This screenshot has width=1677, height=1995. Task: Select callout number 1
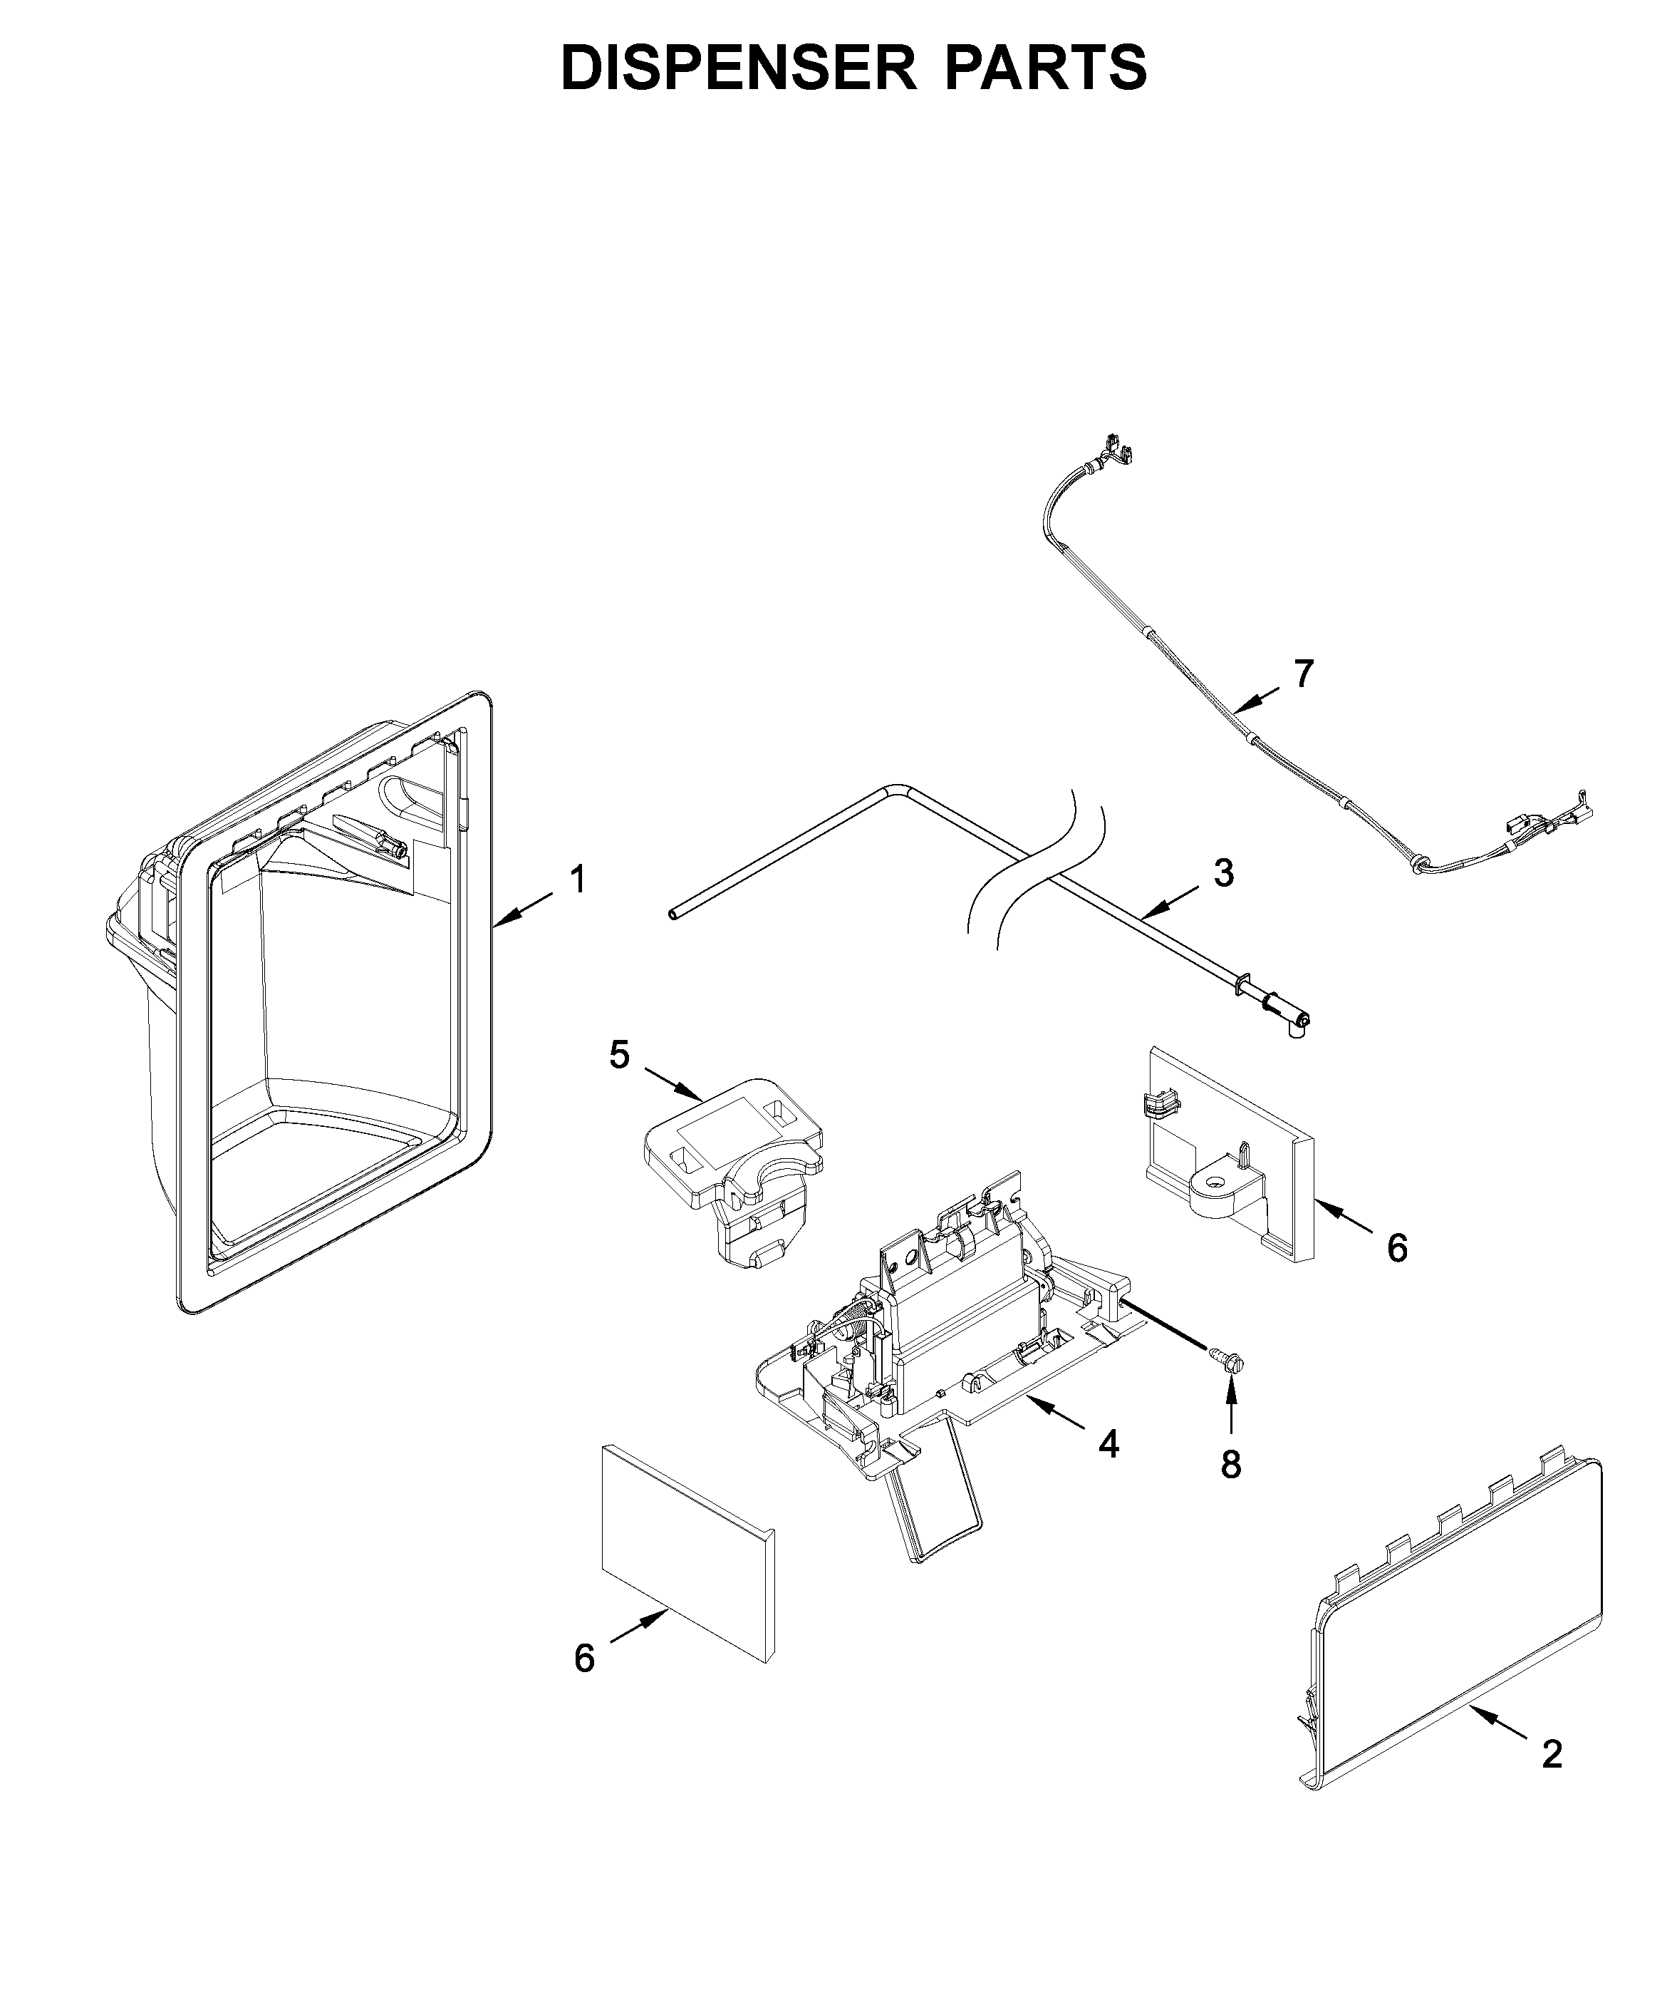(x=577, y=879)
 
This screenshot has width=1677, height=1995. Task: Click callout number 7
(x=1304, y=674)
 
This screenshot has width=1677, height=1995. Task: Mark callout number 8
(x=1231, y=1465)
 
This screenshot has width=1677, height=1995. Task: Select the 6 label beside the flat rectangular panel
(x=585, y=1685)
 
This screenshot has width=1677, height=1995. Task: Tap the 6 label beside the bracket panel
(x=1396, y=1249)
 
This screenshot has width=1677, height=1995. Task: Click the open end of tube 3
(x=673, y=914)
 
